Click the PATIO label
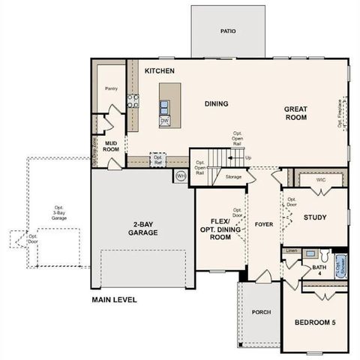(x=228, y=31)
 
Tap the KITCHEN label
(x=160, y=71)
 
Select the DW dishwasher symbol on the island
(x=164, y=120)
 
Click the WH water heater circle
(x=181, y=176)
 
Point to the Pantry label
(x=112, y=88)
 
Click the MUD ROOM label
(x=112, y=145)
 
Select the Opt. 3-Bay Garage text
(x=58, y=213)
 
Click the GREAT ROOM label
(x=295, y=113)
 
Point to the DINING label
(x=216, y=103)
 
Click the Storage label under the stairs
(x=233, y=177)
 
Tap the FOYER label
(x=262, y=223)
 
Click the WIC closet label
(x=320, y=180)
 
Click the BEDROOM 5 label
(x=315, y=322)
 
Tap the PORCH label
(x=260, y=312)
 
